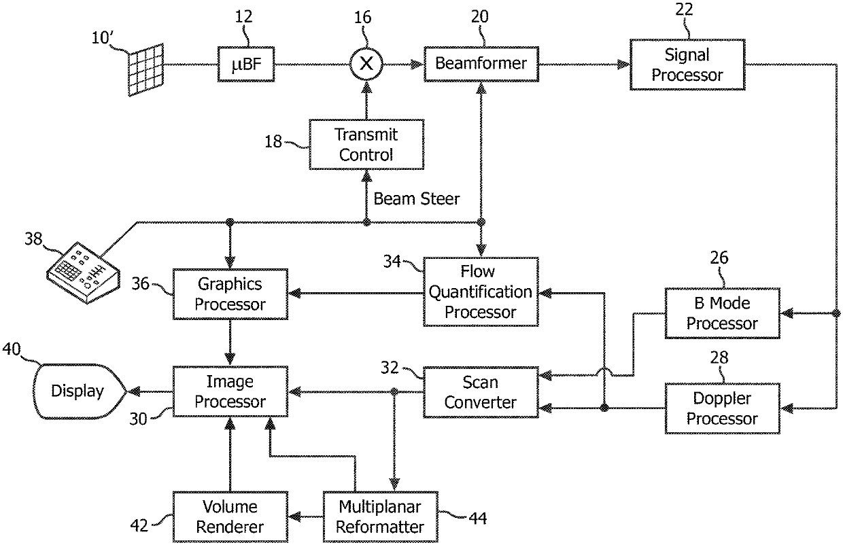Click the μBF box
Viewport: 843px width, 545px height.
coord(246,65)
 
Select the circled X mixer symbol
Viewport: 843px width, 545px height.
coord(366,65)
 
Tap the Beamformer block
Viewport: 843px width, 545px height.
coord(481,65)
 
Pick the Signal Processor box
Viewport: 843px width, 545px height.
coord(687,65)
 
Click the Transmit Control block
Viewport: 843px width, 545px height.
coord(366,145)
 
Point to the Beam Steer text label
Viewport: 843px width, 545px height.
coord(416,198)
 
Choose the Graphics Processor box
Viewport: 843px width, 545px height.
coord(230,294)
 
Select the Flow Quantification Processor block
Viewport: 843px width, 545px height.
coord(481,292)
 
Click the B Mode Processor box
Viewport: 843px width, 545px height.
coord(722,313)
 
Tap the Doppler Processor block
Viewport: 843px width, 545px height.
coord(722,408)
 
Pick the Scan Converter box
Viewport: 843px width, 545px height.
coord(481,392)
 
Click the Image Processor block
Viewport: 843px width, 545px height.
coord(230,391)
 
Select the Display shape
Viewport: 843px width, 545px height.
coord(78,391)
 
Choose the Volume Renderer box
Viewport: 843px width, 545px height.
coord(230,516)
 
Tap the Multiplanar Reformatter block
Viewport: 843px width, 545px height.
coord(381,516)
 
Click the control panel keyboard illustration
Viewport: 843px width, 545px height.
coord(83,272)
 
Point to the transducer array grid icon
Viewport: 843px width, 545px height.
coord(146,70)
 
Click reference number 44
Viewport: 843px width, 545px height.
coord(478,518)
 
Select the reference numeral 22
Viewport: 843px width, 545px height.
coord(684,10)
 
